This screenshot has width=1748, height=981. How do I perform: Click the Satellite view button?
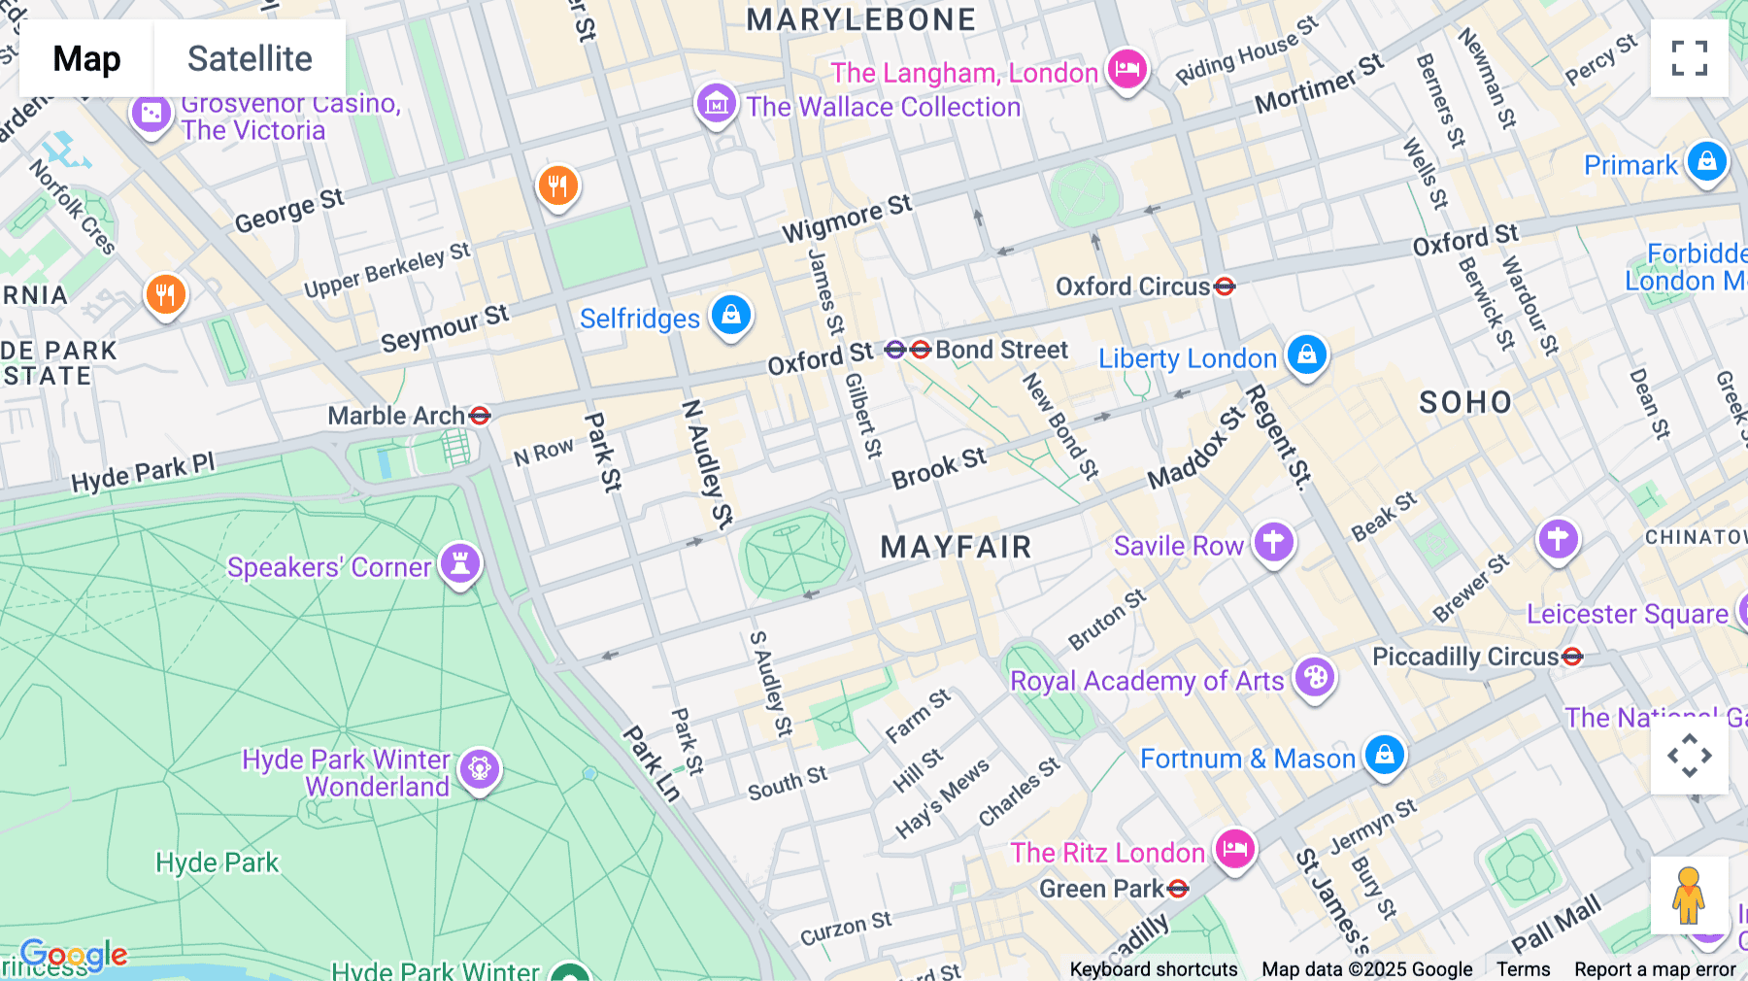coord(250,58)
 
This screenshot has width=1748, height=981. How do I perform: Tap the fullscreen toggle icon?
coord(1689,58)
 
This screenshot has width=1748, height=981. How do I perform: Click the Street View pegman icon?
coord(1688,895)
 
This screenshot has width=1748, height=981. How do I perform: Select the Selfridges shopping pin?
coord(730,315)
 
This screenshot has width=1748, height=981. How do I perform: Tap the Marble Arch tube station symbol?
coord(480,416)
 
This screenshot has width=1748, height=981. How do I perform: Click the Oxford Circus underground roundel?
coord(1225,287)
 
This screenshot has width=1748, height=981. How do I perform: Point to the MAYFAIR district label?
coord(956,547)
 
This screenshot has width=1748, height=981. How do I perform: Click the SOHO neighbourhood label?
coord(1465,402)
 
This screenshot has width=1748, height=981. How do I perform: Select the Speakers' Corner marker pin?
coord(460,563)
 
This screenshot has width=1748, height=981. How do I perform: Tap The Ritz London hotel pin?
coord(1234,849)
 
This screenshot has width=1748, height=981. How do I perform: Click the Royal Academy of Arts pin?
coord(1314,677)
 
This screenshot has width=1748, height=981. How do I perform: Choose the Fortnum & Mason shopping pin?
coord(1385,755)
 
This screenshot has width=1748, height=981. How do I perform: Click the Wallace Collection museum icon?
coord(716,102)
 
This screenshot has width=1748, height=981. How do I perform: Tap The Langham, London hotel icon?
coord(1126,69)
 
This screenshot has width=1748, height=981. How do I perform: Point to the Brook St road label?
coord(938,468)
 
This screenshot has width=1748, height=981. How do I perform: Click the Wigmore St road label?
coord(847,218)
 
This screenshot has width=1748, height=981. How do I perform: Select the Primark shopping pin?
coord(1706,161)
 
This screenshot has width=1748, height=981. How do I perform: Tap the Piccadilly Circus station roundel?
coord(1572,658)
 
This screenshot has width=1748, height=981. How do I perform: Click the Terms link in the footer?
coord(1523,968)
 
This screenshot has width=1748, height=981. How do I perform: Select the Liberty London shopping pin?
coord(1306,355)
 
